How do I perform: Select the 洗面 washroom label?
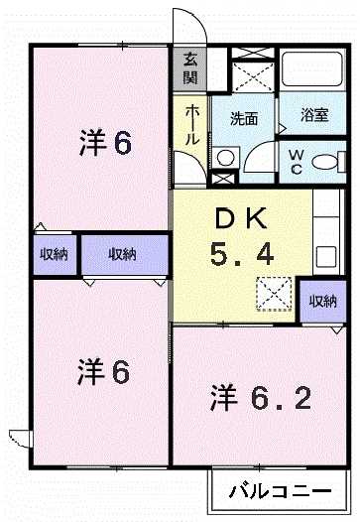coord(244,118)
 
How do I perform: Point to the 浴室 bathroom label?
coord(314,116)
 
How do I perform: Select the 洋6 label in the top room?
coord(104,143)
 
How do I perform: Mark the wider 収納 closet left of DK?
coord(123,255)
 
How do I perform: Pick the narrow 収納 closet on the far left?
coord(54,255)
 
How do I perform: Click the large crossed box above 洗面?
coord(251,71)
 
